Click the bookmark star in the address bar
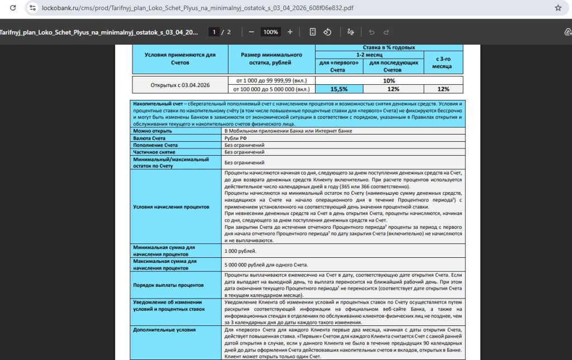pos(557,8)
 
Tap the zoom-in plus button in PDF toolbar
pos(290,32)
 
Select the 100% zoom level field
pos(271,32)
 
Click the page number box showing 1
pos(214,32)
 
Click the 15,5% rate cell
pos(339,89)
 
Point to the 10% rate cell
pos(389,81)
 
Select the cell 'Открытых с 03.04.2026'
pos(180,85)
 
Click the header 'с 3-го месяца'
pos(442,62)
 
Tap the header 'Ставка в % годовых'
pos(389,48)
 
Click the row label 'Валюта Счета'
pos(148,137)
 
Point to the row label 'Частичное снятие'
pos(154,152)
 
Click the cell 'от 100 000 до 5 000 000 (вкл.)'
pos(272,89)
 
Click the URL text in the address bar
pos(190,8)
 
